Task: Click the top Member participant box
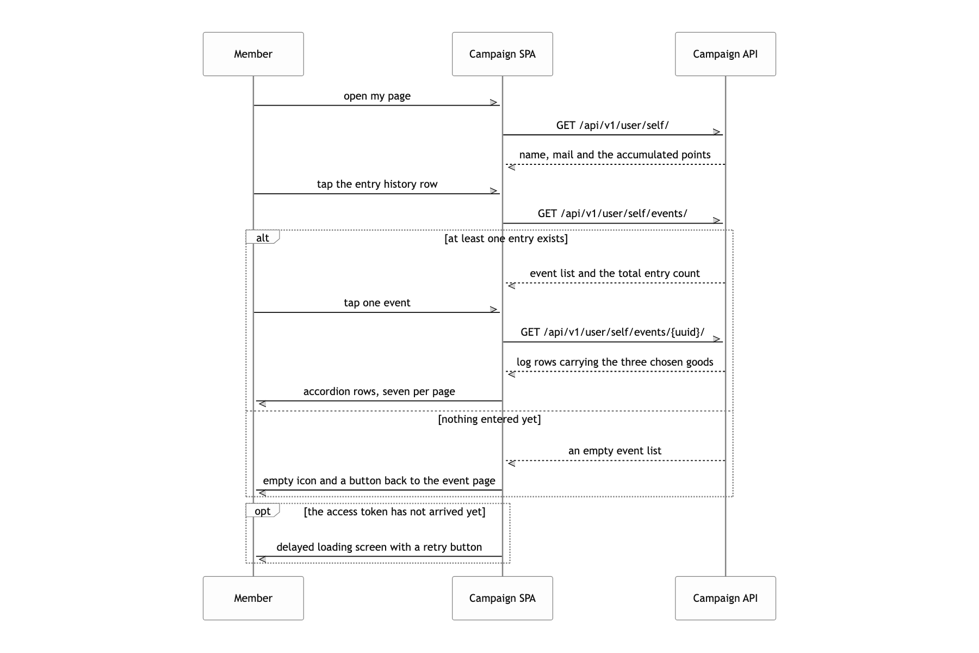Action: pyautogui.click(x=253, y=54)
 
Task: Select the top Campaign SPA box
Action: pyautogui.click(x=503, y=54)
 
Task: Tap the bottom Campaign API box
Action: pyautogui.click(x=726, y=598)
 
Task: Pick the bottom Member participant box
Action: pyautogui.click(x=253, y=598)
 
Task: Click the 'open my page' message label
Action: pyautogui.click(x=377, y=96)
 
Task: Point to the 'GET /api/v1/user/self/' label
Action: pyautogui.click(x=612, y=126)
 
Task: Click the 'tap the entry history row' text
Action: pyautogui.click(x=377, y=184)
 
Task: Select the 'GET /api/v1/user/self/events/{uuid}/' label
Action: pyautogui.click(x=612, y=332)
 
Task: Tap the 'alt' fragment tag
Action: pyautogui.click(x=263, y=237)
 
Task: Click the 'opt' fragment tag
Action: pyautogui.click(x=263, y=511)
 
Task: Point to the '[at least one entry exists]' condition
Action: pyautogui.click(x=506, y=239)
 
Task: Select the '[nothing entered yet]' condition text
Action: pyautogui.click(x=489, y=420)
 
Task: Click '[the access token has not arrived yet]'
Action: pyautogui.click(x=395, y=512)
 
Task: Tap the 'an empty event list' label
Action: pyautogui.click(x=615, y=451)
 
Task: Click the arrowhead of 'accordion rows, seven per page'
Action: pyautogui.click(x=261, y=403)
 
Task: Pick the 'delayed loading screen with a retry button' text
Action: pyautogui.click(x=379, y=547)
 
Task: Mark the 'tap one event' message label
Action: pyautogui.click(x=377, y=303)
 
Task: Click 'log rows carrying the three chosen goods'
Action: pyautogui.click(x=615, y=362)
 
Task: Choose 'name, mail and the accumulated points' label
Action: pyautogui.click(x=615, y=155)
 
